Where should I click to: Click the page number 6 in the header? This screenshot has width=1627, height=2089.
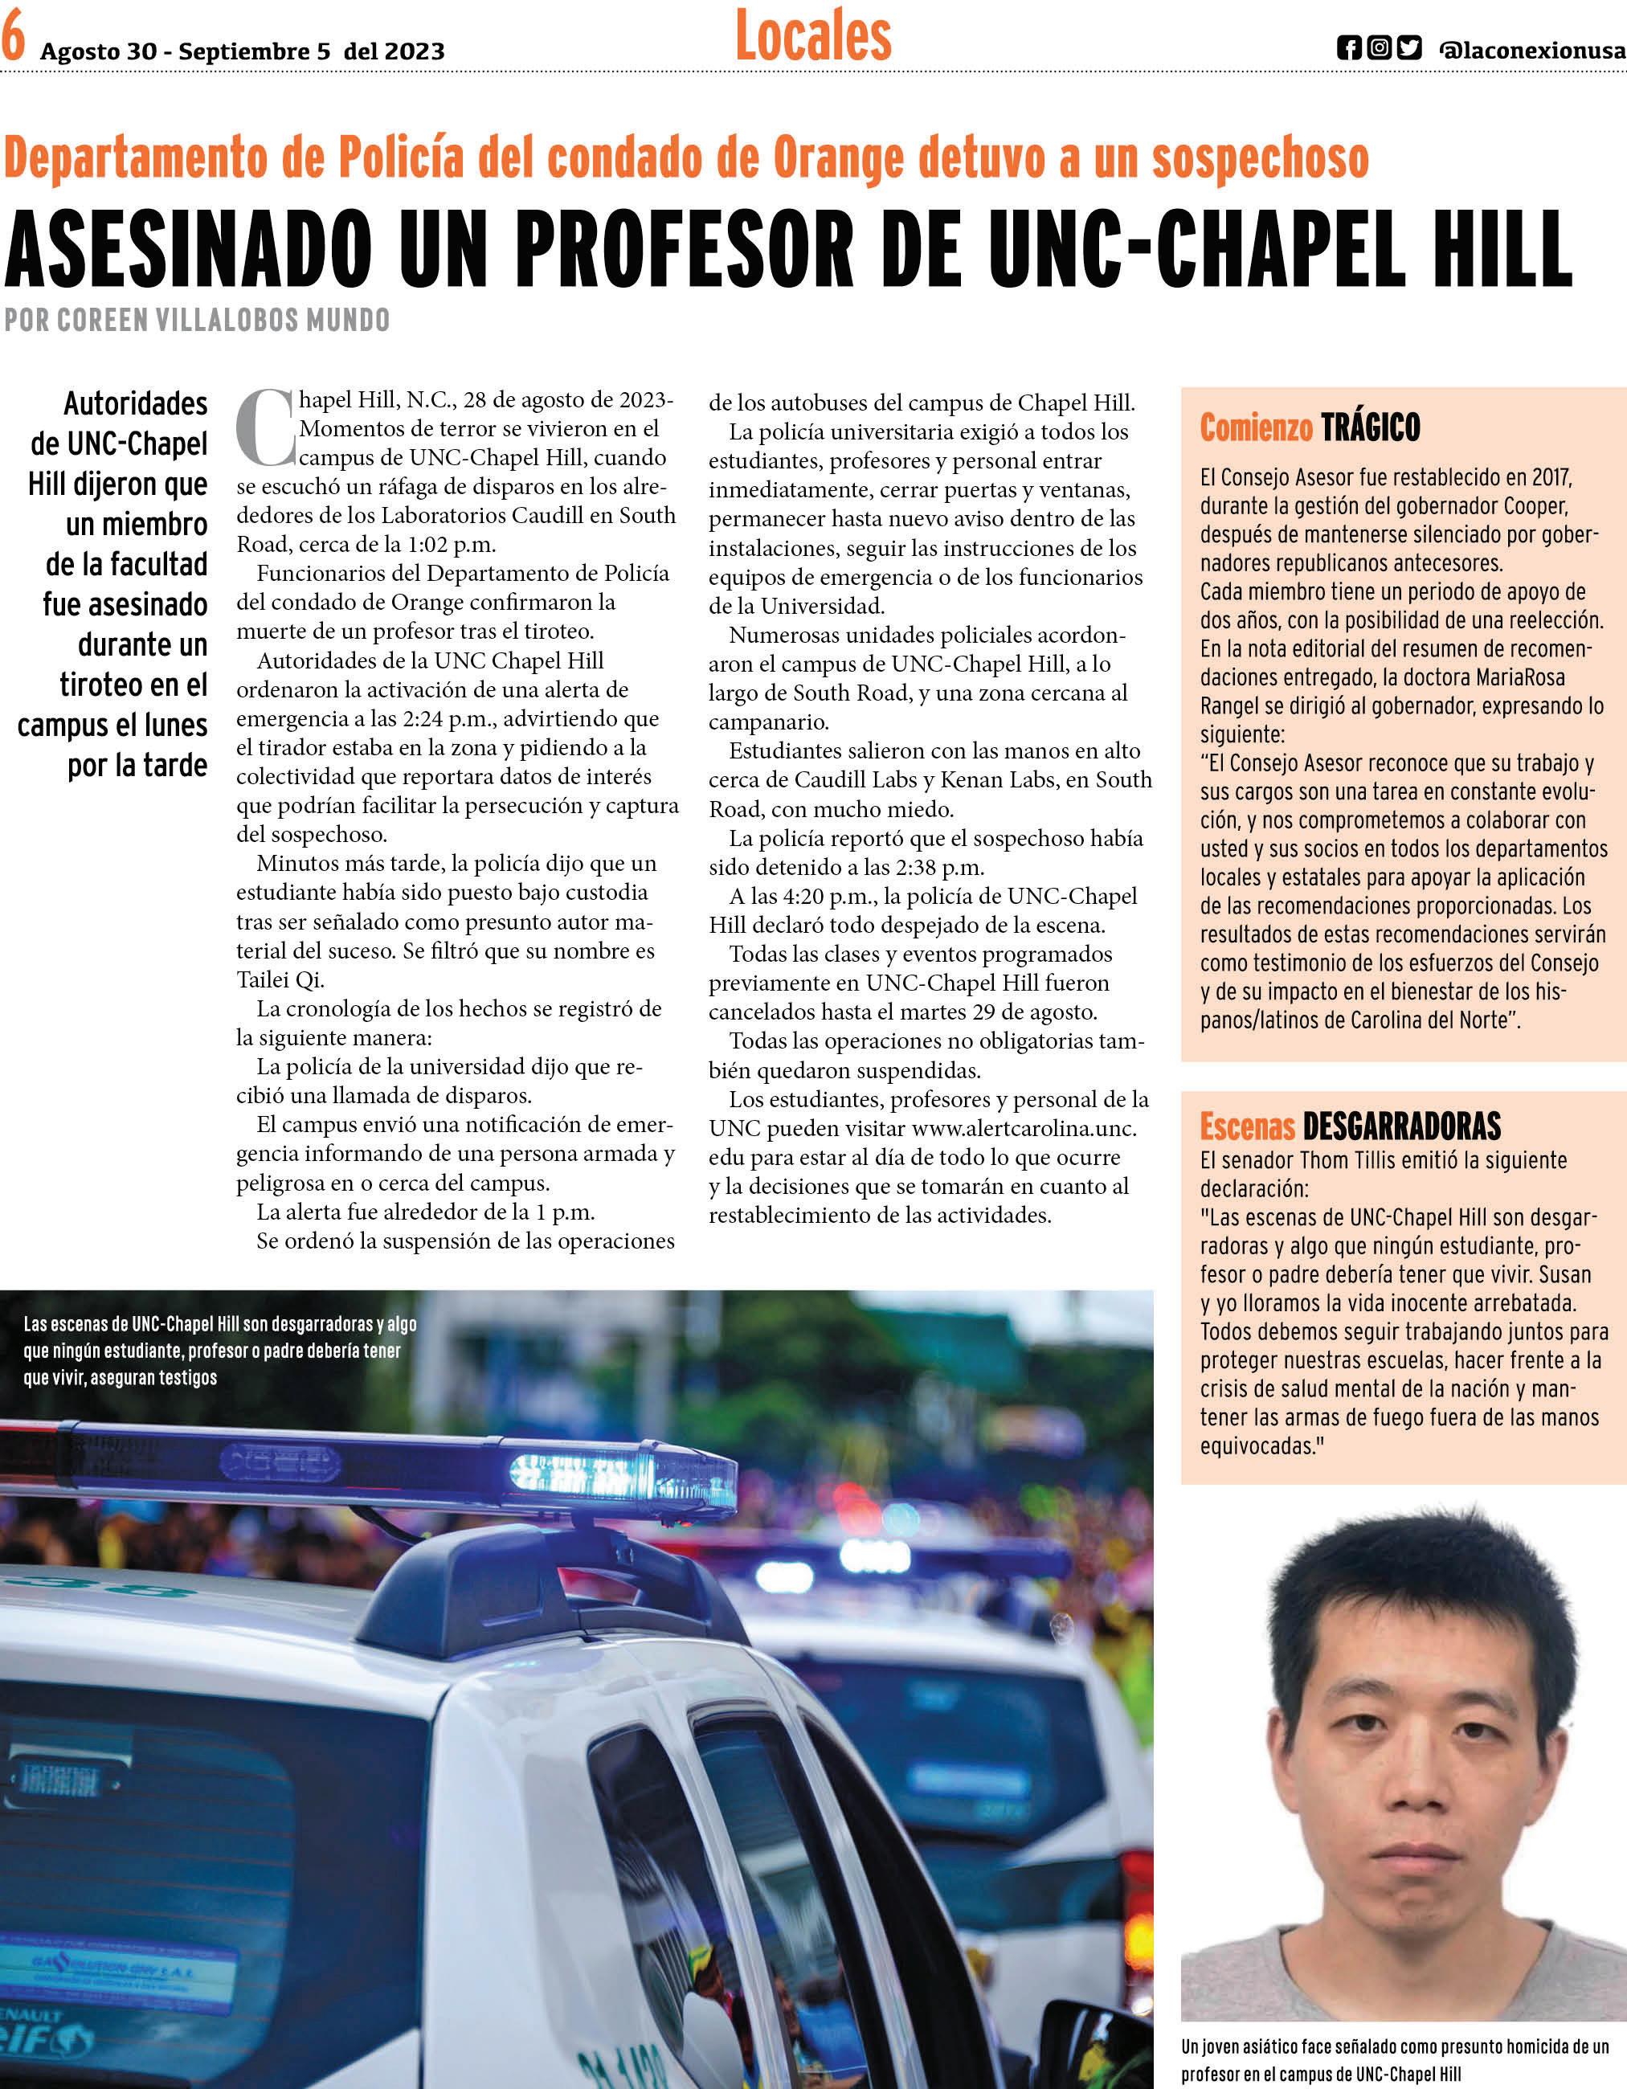click(14, 40)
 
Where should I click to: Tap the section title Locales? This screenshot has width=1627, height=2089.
click(813, 37)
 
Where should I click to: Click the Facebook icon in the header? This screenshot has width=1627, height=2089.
click(1349, 49)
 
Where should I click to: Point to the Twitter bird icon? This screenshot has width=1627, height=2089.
click(1409, 49)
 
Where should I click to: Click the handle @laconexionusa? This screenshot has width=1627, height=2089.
click(1531, 51)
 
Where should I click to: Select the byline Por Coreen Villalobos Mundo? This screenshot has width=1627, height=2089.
click(197, 320)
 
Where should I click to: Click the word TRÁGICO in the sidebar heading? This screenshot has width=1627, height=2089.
click(1371, 427)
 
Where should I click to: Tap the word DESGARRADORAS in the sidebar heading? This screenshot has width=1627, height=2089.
click(1401, 1126)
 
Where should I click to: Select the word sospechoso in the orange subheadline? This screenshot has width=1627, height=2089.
click(1260, 160)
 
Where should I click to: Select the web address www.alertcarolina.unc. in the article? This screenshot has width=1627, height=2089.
click(1024, 1128)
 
